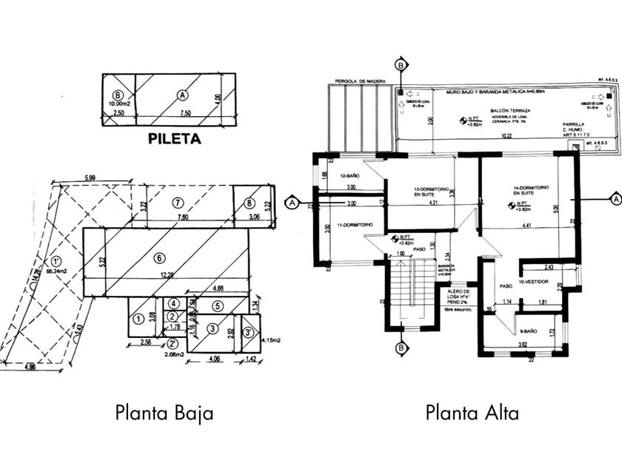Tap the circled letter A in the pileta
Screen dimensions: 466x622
[x=182, y=95]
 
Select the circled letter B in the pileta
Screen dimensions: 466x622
[x=117, y=95]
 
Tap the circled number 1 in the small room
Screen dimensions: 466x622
[x=138, y=318]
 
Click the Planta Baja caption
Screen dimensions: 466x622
[x=164, y=412]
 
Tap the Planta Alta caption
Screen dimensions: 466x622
[x=472, y=412]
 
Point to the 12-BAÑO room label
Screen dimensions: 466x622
[x=349, y=176]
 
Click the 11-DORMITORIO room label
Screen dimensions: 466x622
[x=351, y=224]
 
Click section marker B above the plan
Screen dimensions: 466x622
[x=401, y=64]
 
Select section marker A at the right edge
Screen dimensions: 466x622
[x=614, y=198]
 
